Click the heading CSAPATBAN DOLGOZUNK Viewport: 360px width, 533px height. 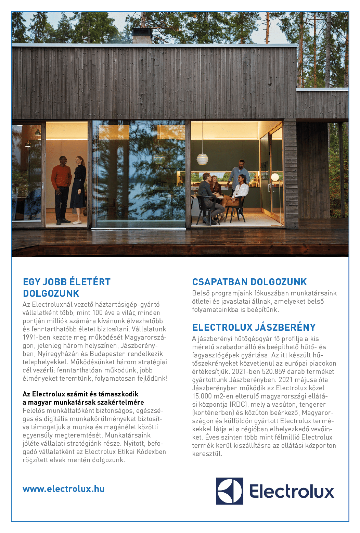pos(249,282)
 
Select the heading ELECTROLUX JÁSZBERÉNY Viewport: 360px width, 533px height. pos(254,328)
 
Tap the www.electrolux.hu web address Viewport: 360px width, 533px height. pos(63,489)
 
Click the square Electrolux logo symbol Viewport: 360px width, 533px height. pos(229,491)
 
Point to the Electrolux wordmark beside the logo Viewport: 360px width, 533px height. pos(292,492)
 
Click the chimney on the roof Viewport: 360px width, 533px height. pos(142,36)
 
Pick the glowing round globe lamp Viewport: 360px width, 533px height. pos(275,177)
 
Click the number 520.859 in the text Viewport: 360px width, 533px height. pos(273,372)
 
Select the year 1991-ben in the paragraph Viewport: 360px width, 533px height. pos(37,338)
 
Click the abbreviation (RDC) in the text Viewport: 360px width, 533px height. pos(239,405)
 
